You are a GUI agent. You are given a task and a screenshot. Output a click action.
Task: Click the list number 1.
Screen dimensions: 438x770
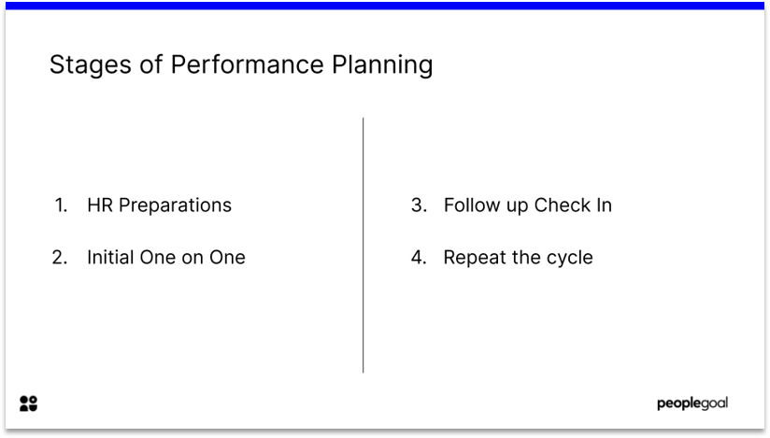coord(61,205)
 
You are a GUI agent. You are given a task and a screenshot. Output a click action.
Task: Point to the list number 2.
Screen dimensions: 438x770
coord(61,257)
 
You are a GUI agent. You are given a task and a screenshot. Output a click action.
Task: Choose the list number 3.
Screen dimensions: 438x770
coord(419,205)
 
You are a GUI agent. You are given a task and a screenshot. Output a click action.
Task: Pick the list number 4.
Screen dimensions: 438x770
coord(419,257)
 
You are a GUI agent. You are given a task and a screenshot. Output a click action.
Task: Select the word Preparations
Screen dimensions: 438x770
coord(175,205)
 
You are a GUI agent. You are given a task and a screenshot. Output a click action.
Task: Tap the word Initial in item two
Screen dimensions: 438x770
coord(110,257)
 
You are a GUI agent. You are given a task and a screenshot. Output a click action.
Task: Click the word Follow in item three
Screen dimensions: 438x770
coord(471,205)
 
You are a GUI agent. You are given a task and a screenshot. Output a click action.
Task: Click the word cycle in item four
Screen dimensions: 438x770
coord(568,258)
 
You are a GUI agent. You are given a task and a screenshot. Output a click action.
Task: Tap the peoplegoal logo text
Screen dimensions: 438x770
coord(692,403)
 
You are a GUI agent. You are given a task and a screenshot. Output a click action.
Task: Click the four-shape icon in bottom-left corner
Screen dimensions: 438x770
coord(28,403)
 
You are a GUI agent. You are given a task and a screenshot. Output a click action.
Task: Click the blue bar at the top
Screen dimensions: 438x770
coord(385,5)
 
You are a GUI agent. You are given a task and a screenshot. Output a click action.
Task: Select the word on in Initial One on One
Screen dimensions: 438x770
coord(192,257)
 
